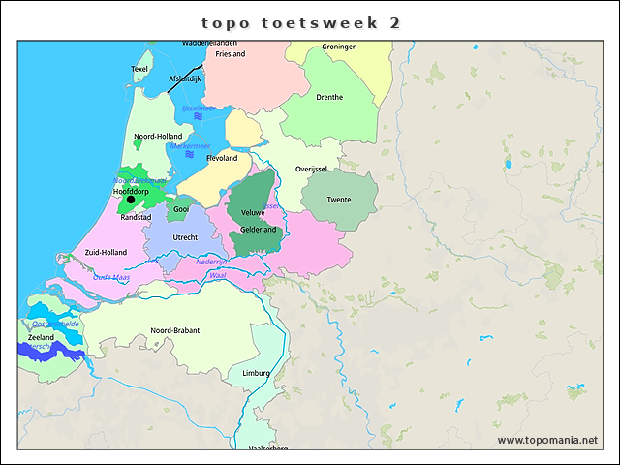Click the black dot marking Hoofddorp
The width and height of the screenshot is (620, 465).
point(131,201)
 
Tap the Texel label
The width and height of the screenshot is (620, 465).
point(139,69)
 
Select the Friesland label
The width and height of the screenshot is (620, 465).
point(231,54)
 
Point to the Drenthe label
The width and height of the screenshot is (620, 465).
point(329,97)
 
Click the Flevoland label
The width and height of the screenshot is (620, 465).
point(222,158)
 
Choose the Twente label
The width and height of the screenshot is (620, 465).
point(339,200)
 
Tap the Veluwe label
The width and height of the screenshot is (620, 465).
point(253,211)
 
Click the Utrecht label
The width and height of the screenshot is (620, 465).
point(185,237)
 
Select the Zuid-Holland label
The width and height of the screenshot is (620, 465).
point(106,252)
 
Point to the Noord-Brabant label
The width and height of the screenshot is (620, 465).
point(175,330)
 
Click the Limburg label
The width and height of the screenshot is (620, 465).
point(256,373)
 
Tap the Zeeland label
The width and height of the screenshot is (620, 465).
point(42,337)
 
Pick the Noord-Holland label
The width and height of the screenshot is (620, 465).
point(158,137)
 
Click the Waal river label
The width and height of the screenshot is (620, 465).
point(217,276)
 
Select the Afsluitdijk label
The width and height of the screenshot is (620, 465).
point(184,78)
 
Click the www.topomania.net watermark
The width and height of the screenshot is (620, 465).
point(547,440)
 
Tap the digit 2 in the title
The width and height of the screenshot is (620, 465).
point(395,22)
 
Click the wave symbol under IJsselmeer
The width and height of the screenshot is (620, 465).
point(198,116)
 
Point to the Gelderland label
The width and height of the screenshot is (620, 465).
point(259,230)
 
